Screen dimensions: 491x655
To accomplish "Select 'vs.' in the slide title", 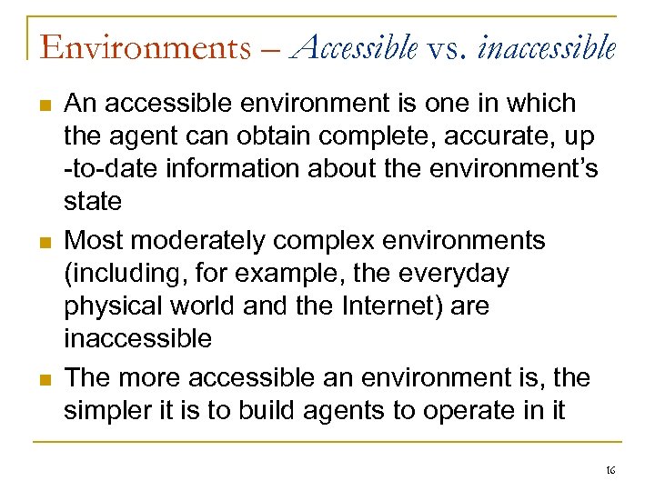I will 447,45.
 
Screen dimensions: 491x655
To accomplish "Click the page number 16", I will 610,469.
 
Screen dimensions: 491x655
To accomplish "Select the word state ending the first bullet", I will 92,202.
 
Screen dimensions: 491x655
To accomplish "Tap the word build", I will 272,411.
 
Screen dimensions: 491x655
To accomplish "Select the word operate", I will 479,411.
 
